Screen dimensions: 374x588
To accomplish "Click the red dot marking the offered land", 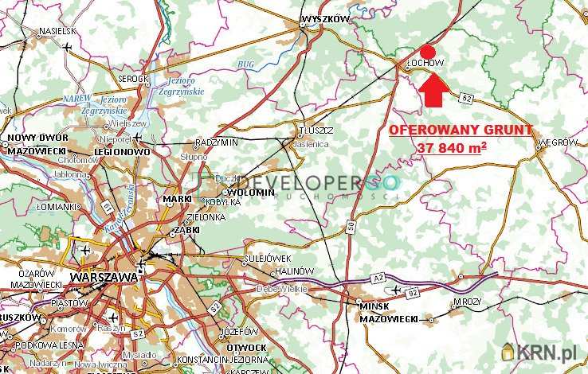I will (x=427, y=49).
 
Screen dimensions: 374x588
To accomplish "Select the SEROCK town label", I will (x=133, y=79).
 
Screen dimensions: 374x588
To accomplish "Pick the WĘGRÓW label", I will (x=558, y=142).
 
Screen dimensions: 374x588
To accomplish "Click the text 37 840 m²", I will (x=452, y=148).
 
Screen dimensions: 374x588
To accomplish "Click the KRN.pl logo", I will (x=542, y=352).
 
